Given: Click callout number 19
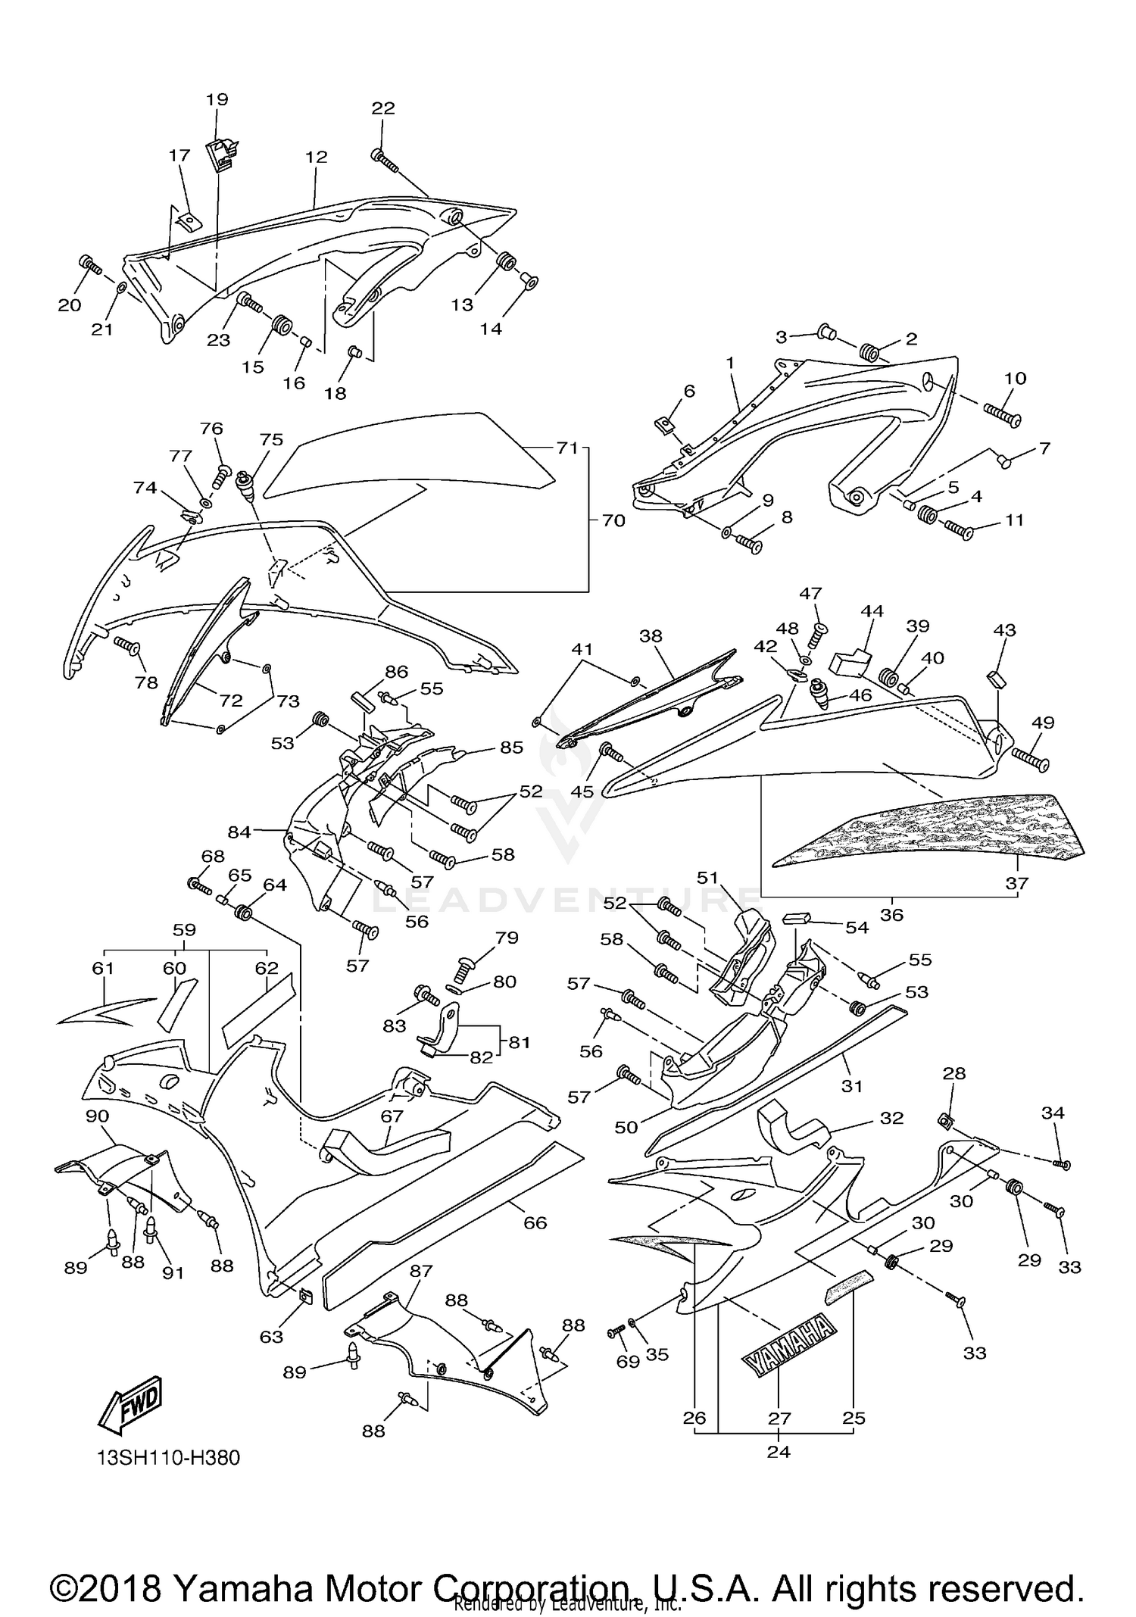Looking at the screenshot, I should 217,99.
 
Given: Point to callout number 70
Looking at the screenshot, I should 613,520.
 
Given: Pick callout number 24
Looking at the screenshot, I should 779,1451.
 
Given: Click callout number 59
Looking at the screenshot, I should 184,929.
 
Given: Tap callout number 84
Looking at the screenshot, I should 239,832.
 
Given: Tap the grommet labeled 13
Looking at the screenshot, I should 505,264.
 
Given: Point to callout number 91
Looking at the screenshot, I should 173,1272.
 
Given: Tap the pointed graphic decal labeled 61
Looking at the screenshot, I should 96,1011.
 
